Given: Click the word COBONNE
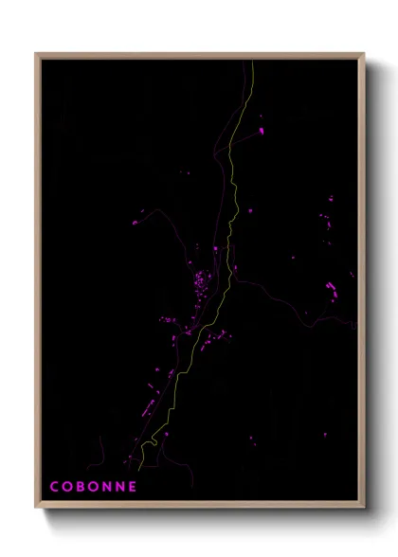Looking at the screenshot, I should [94, 487].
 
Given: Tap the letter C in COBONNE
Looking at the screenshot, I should [55, 487].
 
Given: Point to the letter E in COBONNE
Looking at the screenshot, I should [134, 487].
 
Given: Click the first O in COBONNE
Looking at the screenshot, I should [68, 487].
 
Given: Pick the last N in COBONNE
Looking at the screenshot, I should [121, 487].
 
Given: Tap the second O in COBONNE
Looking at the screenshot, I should [95, 487].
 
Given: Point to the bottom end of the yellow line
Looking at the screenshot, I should [139, 468].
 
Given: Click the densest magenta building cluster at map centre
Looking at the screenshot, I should [201, 282].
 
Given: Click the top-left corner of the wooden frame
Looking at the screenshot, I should [36, 54].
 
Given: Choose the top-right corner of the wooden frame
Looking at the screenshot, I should [364, 54].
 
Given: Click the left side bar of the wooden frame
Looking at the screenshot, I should [37, 284].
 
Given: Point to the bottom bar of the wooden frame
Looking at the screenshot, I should [199, 507].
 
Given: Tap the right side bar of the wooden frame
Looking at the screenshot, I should [363, 284].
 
